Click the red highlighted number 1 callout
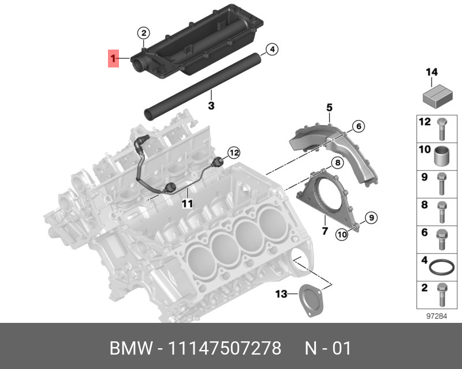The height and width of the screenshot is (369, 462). pyautogui.click(x=114, y=59)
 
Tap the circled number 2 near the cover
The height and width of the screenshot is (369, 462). pyautogui.click(x=144, y=32)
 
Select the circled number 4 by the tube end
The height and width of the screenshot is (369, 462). pyautogui.click(x=272, y=50)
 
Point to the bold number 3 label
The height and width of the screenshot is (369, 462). pyautogui.click(x=211, y=106)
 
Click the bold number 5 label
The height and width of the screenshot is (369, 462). pyautogui.click(x=329, y=107)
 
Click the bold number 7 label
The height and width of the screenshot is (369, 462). pyautogui.click(x=325, y=231)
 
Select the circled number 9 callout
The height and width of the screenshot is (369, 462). pyautogui.click(x=371, y=217)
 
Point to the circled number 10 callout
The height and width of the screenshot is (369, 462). pyautogui.click(x=342, y=234)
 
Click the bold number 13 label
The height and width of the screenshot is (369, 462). pyautogui.click(x=281, y=295)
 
